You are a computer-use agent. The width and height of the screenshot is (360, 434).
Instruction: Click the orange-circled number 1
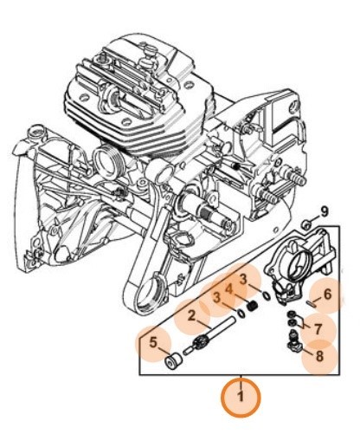pos(241,395)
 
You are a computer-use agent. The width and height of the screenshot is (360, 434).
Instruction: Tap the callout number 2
pos(191,316)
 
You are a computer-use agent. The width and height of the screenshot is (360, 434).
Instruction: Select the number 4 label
pos(229,289)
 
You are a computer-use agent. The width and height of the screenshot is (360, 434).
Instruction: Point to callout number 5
pos(153,343)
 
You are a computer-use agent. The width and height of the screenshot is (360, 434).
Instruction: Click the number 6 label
pos(327,295)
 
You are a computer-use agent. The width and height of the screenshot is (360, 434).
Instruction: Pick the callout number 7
pos(318,329)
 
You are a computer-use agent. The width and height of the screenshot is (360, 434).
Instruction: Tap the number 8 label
pos(319,356)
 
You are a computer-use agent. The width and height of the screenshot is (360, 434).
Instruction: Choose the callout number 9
pos(325,212)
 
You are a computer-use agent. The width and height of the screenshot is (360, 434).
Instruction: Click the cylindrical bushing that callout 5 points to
pos(173,361)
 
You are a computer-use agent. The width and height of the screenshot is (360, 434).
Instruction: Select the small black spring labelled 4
pos(253,305)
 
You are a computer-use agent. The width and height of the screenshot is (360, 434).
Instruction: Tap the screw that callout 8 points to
pos(294,341)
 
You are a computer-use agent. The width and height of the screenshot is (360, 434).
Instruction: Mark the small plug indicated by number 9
pos(305,224)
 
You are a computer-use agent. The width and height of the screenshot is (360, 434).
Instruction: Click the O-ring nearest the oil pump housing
pos(267,295)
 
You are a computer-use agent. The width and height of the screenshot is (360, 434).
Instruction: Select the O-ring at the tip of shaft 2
pos(241,313)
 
